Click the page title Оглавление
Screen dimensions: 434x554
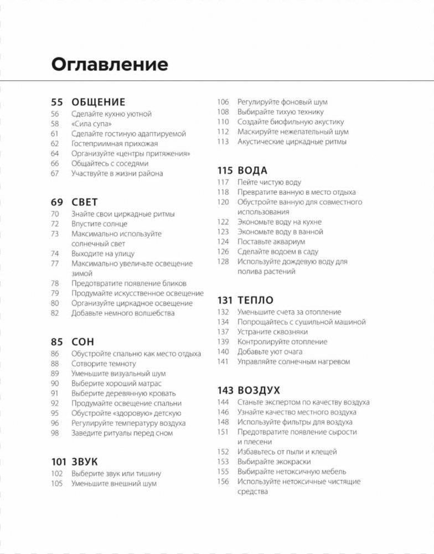coord(110,64)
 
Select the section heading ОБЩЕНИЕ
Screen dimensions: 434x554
coord(99,102)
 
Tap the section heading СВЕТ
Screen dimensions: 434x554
coord(84,203)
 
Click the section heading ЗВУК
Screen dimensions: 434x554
coord(84,462)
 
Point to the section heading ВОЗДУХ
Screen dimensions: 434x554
coord(259,390)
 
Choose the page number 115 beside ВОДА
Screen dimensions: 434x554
coord(225,170)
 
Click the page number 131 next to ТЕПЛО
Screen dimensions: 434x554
coord(225,301)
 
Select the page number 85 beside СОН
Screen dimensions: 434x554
coord(57,342)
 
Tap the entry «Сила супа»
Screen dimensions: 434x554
coord(91,124)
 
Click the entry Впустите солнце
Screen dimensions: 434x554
coord(99,224)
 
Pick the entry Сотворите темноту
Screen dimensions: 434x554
coord(104,364)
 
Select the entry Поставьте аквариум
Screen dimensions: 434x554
coord(271,242)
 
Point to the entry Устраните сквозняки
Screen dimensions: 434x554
coord(272,332)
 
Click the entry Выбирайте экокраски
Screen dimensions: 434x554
coord(274,462)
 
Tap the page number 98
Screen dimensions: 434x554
coord(55,433)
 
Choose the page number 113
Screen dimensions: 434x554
coord(223,142)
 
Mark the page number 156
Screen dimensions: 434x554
coord(223,481)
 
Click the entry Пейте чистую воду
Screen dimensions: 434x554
coord(269,182)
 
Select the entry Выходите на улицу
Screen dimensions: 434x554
coord(100,253)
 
